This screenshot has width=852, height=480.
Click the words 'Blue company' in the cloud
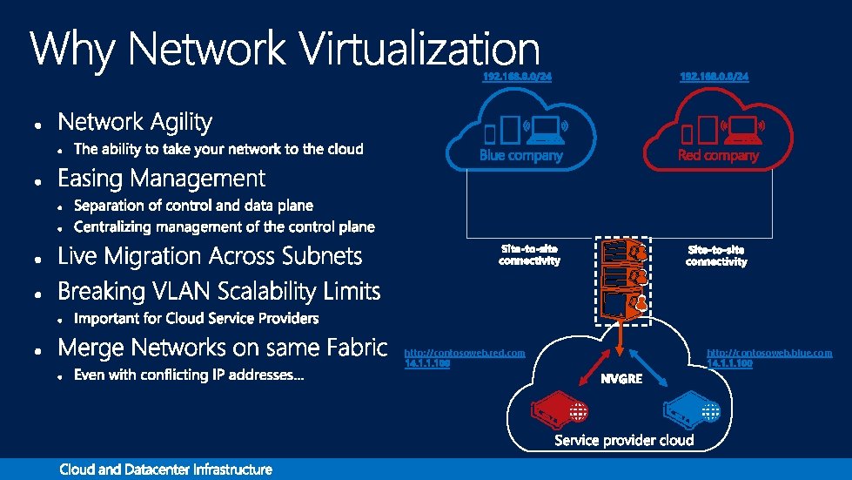click(x=521, y=155)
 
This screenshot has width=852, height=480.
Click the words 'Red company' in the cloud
click(x=718, y=155)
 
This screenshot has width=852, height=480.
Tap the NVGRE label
click(x=621, y=379)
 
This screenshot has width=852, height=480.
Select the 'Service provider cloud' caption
click(x=624, y=440)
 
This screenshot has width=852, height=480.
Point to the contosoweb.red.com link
click(x=465, y=353)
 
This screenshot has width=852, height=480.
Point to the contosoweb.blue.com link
click(x=769, y=353)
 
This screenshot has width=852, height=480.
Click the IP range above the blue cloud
click(x=517, y=77)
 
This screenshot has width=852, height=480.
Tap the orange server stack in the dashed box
click(x=621, y=280)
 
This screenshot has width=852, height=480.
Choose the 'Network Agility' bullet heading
click(x=135, y=121)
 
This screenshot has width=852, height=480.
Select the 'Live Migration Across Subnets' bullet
click(x=210, y=256)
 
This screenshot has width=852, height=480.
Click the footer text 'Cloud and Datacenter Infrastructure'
click(x=165, y=470)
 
